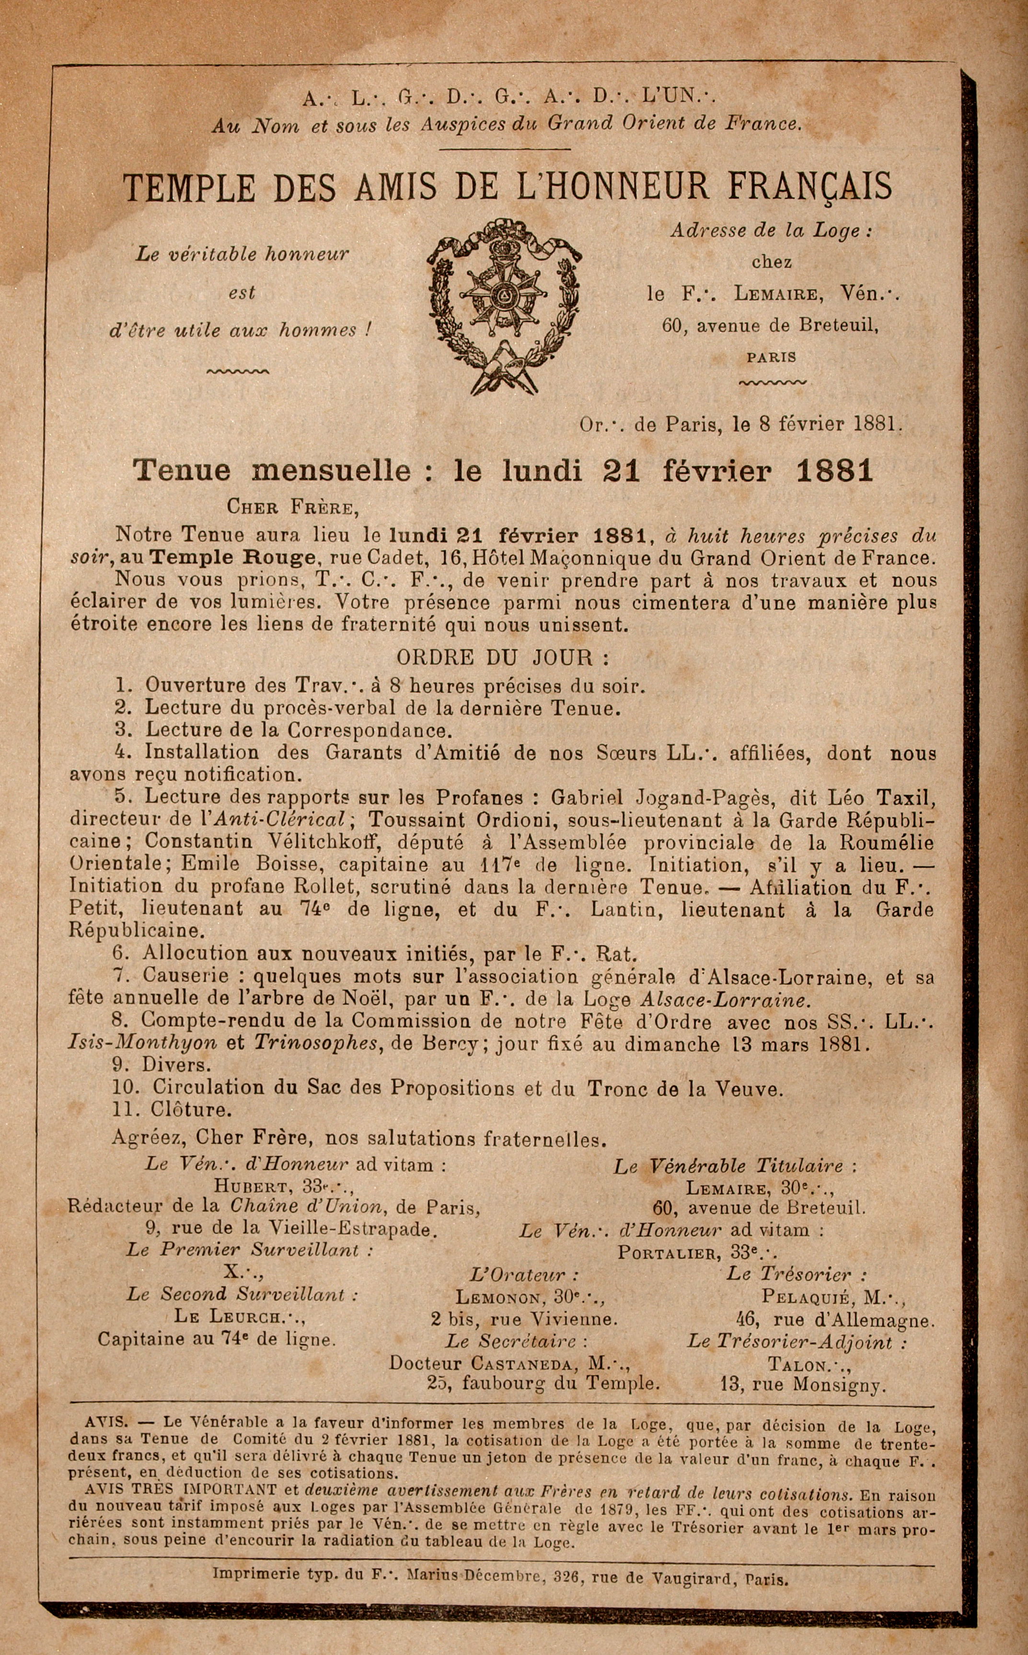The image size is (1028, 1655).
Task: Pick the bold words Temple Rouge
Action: tap(233, 559)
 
